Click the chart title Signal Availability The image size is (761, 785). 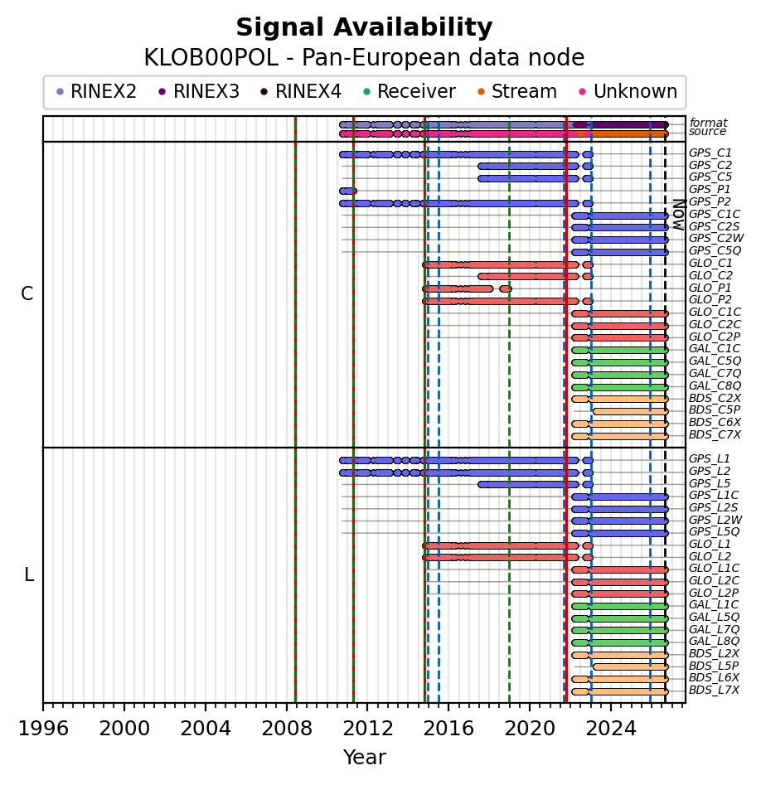tap(364, 27)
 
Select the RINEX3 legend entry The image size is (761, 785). tap(199, 92)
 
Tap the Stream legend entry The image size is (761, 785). tap(517, 92)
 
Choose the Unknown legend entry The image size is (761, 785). tap(628, 92)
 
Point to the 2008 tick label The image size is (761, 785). tap(286, 728)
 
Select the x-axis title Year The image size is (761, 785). tap(364, 757)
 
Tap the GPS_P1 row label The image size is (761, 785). tap(710, 189)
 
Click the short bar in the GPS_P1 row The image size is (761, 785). tap(348, 191)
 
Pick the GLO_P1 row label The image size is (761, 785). tap(710, 288)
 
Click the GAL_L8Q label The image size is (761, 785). tap(714, 642)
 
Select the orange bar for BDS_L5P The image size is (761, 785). tap(631, 666)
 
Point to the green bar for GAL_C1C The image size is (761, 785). tap(620, 351)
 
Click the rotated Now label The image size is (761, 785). tap(680, 215)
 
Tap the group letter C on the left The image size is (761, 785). tap(27, 294)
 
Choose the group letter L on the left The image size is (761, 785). tap(29, 575)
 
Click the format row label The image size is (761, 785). tap(708, 123)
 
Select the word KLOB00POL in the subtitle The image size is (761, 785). tap(211, 57)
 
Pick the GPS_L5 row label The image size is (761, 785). tap(710, 483)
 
